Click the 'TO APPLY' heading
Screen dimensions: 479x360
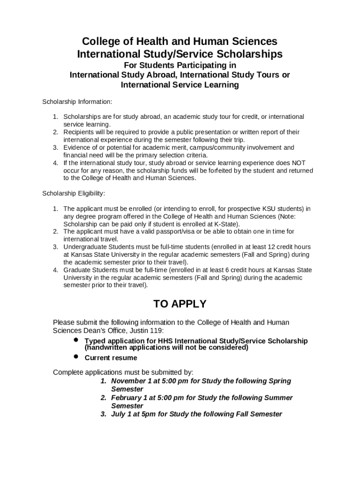[180, 304]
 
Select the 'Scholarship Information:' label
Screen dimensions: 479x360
[77, 102]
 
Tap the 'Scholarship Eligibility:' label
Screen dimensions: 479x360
[74, 193]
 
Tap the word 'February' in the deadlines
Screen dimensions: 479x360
[128, 398]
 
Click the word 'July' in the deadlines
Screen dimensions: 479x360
[118, 414]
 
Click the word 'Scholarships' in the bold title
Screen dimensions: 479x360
[245, 54]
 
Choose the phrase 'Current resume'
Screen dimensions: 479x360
[111, 358]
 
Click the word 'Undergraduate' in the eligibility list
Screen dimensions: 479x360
[86, 247]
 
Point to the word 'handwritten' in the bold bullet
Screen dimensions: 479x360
[107, 348]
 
